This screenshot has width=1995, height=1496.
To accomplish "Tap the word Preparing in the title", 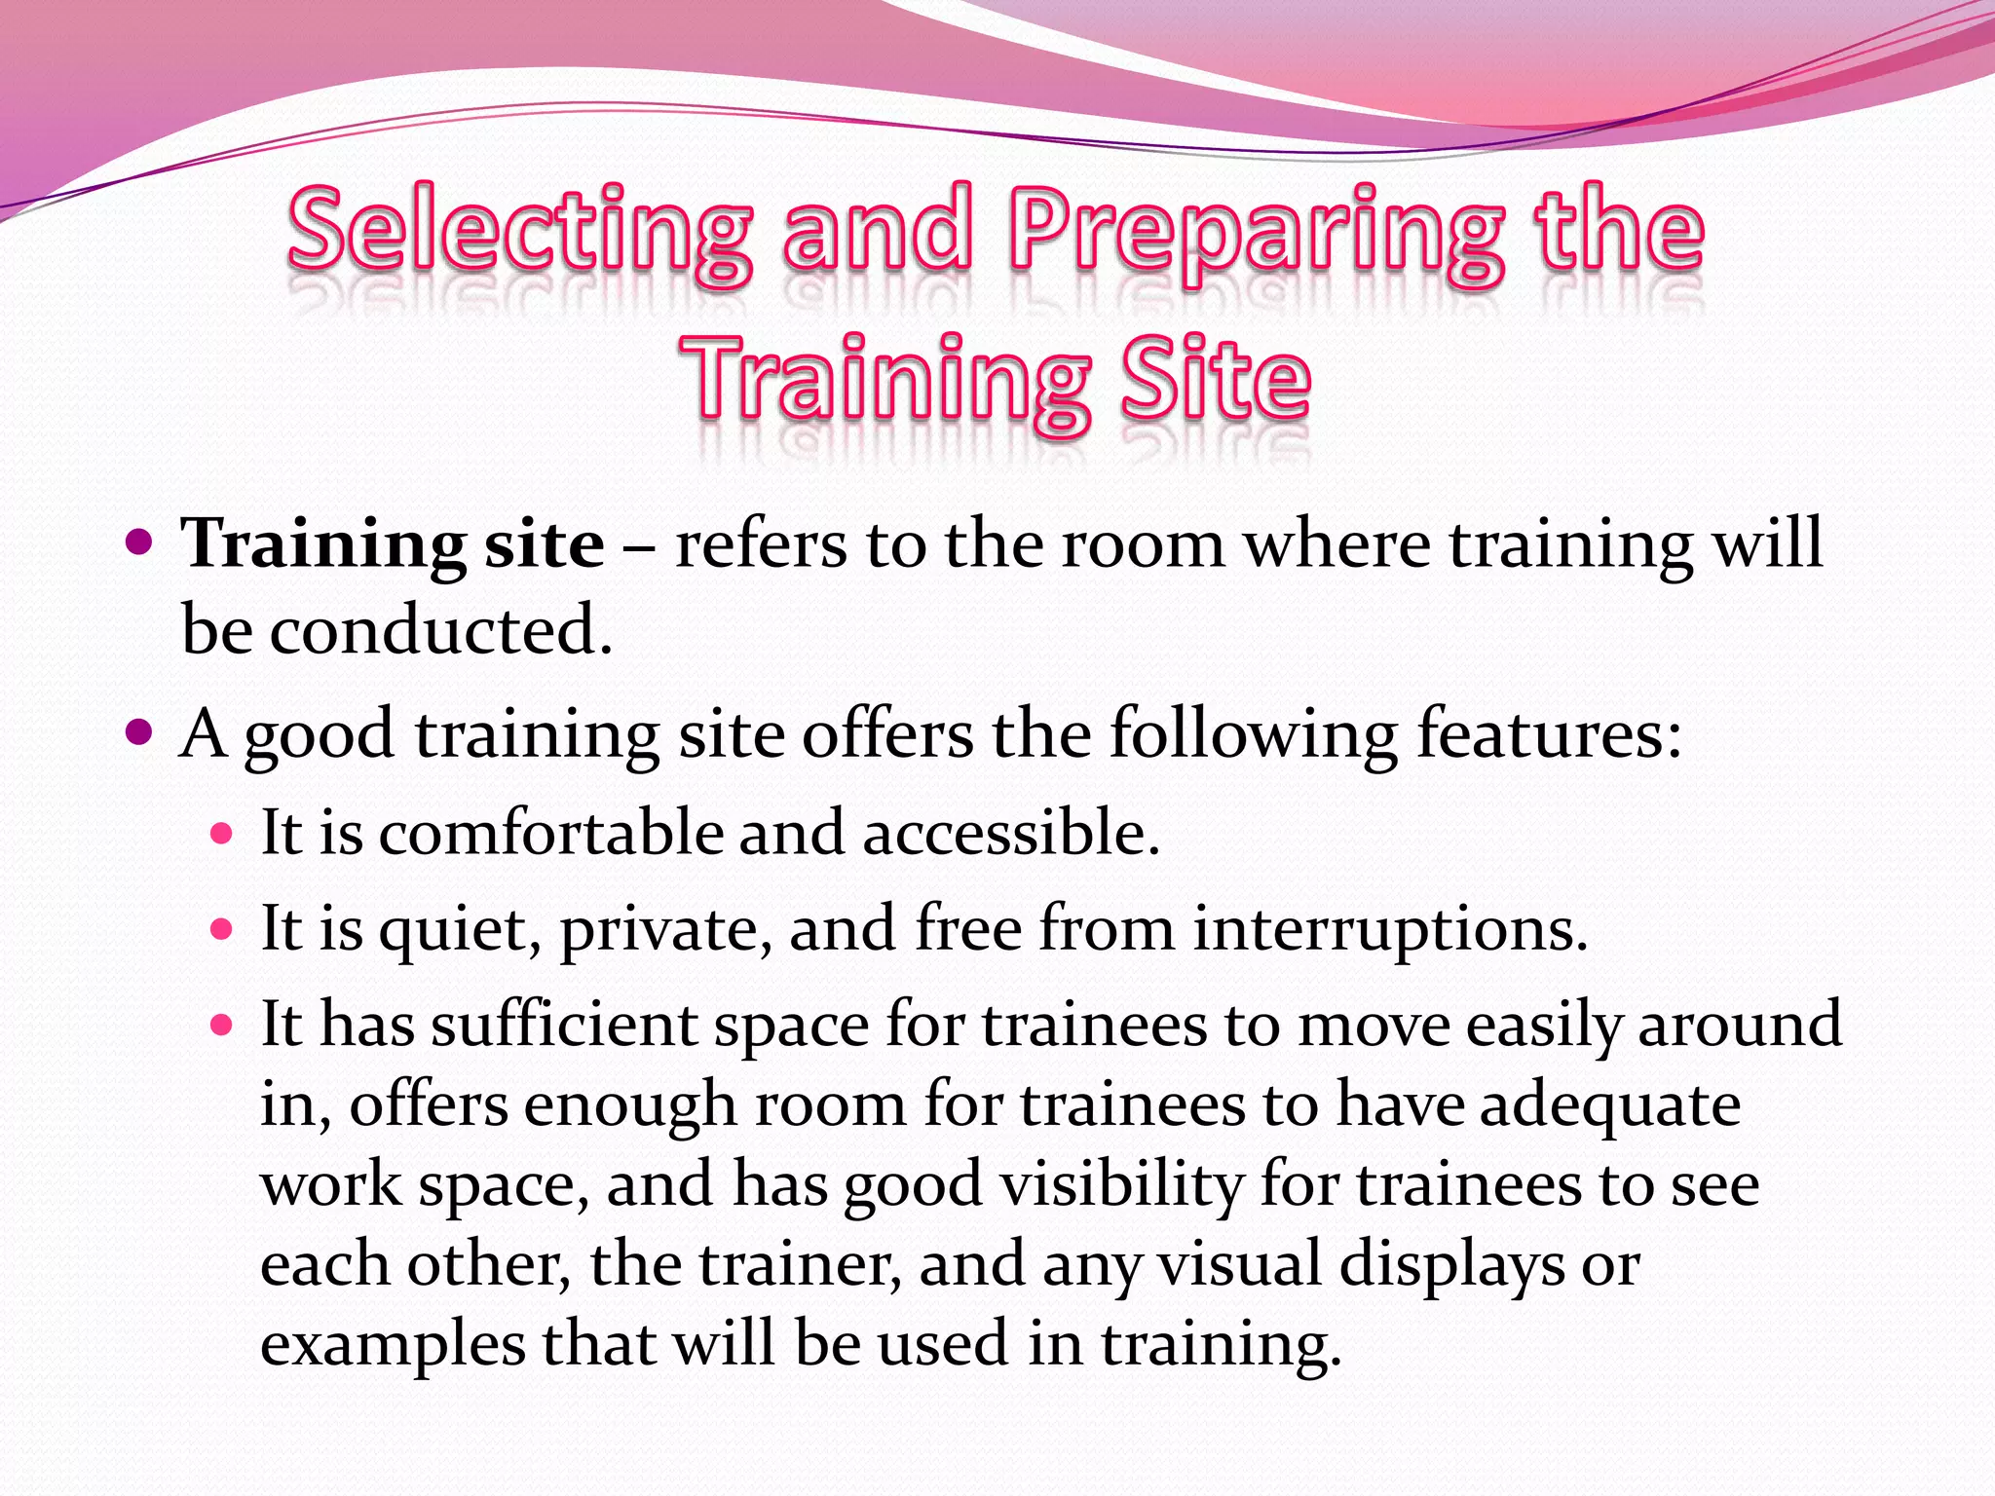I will coord(1256,232).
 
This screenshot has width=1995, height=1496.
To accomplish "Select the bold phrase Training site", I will coord(393,543).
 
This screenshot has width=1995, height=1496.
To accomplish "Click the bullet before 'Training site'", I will coord(141,541).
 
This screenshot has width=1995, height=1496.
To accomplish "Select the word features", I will coord(1549,732).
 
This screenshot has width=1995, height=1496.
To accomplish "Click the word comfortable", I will coord(551,834).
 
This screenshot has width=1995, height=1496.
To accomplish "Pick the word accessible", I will coord(1010,834).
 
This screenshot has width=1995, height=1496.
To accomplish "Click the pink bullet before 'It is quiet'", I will coord(222,928).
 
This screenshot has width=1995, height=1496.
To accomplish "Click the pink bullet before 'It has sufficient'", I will coord(222,1024).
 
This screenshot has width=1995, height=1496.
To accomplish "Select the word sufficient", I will coord(564,1025).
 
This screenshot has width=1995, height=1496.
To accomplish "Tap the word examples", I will coord(393,1345).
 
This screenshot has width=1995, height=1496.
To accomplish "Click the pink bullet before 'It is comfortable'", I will coord(222,834).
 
